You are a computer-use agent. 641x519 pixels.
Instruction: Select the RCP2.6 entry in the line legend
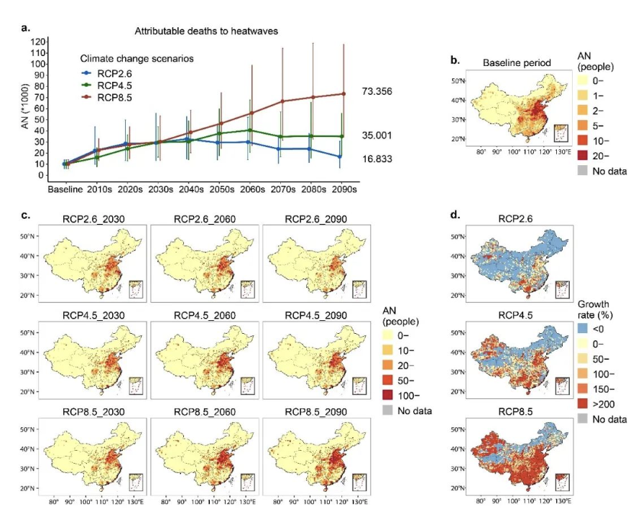click(116, 73)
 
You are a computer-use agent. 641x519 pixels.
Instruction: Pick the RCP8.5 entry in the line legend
click(116, 97)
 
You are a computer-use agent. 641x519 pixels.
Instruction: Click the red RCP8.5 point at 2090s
click(344, 94)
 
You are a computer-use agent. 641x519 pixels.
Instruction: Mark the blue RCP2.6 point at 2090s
click(344, 156)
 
